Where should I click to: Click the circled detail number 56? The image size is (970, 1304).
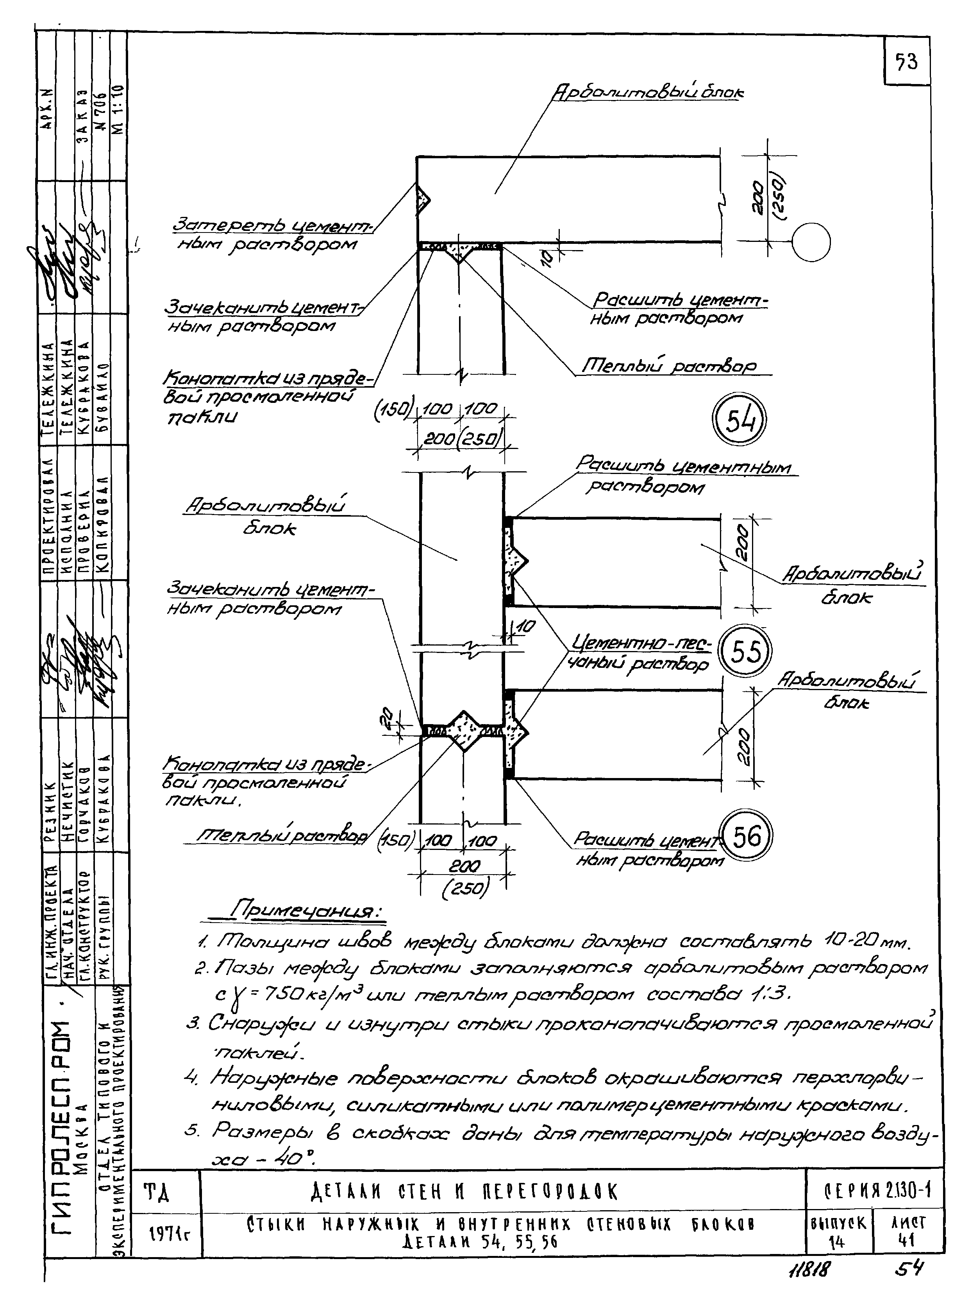[x=746, y=836]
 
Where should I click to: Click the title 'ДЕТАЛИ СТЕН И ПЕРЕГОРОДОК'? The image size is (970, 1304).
[x=464, y=1192]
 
